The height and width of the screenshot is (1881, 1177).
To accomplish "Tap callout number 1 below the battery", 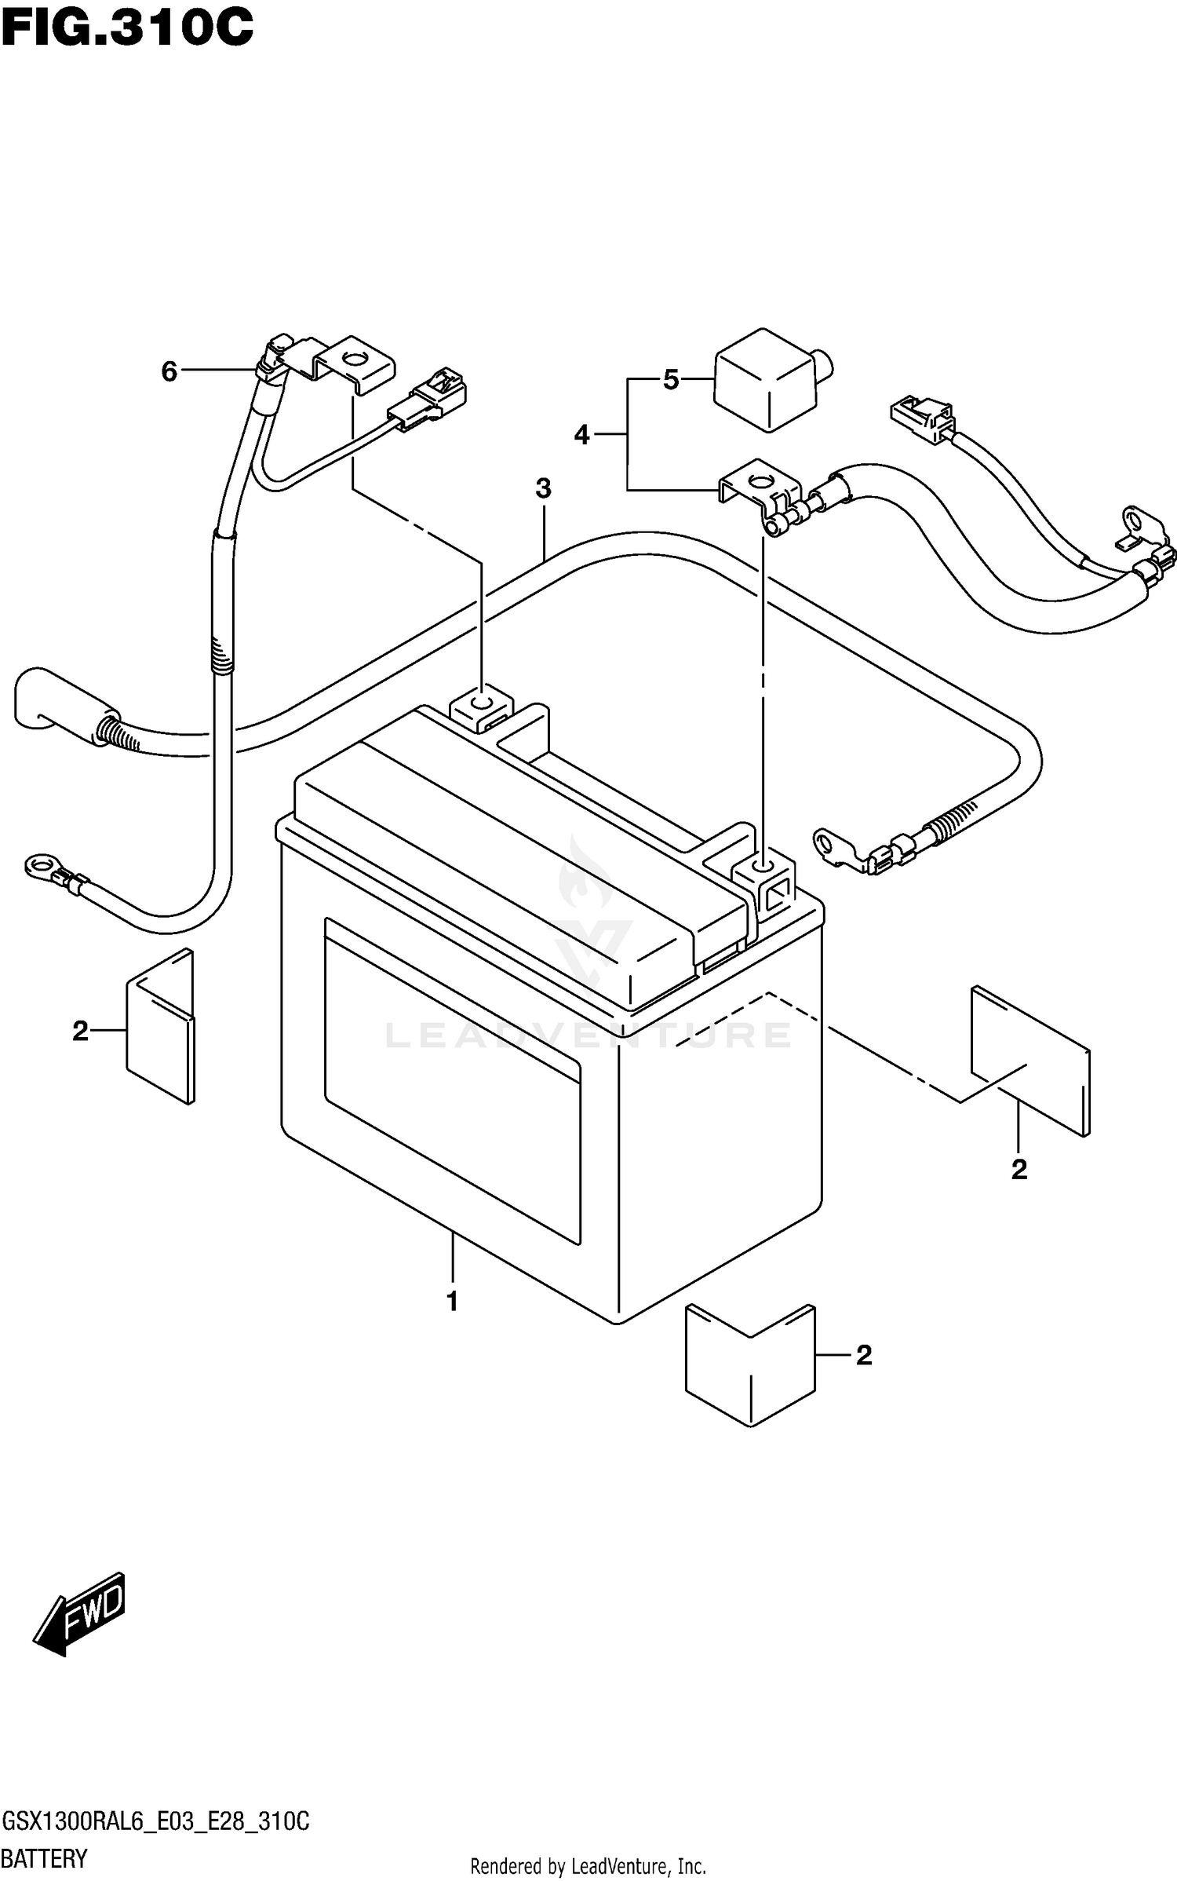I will pos(452,1301).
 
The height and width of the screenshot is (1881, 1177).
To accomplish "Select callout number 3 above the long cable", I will pos(543,488).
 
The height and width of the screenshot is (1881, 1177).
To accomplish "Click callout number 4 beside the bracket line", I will pos(581,434).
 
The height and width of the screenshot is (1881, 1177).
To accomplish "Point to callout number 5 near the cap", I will pos(670,381).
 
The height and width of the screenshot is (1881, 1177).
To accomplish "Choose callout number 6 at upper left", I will pos(169,371).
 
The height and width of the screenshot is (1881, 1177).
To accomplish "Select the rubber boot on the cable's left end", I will pos(55,700).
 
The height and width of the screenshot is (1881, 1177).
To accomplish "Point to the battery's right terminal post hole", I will pos(761,865).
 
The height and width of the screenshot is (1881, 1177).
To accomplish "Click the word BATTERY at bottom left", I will pos(45,1857).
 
